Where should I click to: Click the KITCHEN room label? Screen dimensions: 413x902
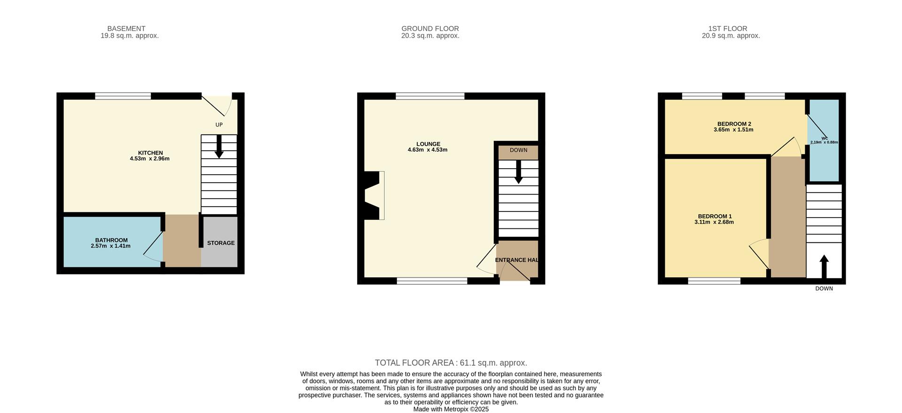click(150, 153)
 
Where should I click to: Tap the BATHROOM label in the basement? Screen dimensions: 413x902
click(111, 240)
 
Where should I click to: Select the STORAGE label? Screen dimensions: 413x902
click(221, 243)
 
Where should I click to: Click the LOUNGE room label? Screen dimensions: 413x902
click(428, 144)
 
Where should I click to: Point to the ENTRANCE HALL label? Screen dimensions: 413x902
click(517, 260)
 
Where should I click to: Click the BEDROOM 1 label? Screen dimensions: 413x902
click(714, 217)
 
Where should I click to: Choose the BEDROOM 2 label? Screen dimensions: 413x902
click(734, 124)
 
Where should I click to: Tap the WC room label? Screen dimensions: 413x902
click(824, 139)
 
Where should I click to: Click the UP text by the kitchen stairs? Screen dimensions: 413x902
click(219, 125)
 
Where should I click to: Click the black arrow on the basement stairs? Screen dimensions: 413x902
click(219, 147)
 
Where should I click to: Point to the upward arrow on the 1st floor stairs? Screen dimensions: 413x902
click(824, 266)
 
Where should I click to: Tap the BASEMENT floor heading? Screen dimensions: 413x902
click(126, 29)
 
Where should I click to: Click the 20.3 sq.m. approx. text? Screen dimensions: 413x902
click(430, 36)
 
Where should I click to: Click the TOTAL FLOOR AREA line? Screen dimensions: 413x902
click(451, 363)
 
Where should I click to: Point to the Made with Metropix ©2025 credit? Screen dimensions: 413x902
click(451, 409)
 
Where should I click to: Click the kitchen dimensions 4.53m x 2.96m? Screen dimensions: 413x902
click(149, 159)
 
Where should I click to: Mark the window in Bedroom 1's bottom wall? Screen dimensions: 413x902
click(714, 281)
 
